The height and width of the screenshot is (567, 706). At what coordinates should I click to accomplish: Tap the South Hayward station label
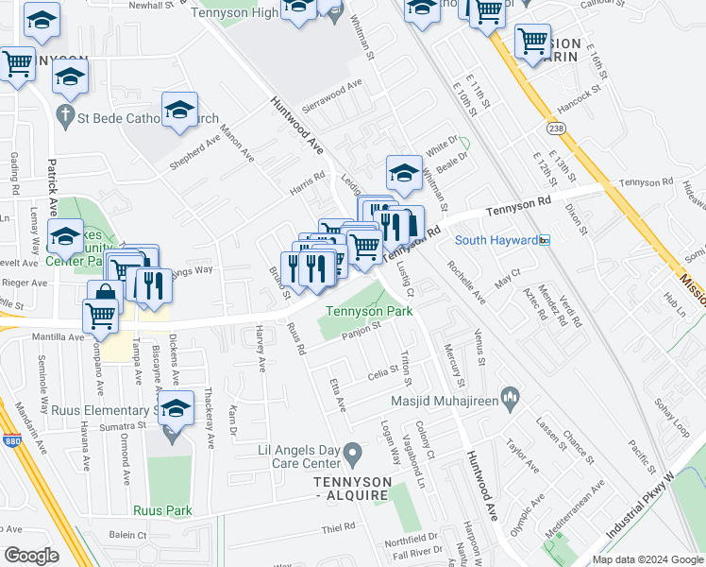[x=496, y=240]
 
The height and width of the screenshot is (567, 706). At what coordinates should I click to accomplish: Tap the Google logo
[x=30, y=556]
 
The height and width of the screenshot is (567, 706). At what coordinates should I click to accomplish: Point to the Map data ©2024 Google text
[x=647, y=559]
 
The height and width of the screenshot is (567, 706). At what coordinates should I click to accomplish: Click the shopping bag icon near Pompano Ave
[x=106, y=295]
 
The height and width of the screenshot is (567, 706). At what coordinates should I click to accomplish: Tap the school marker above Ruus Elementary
[x=175, y=408]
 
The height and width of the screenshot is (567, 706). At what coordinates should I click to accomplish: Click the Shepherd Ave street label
[x=193, y=151]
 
